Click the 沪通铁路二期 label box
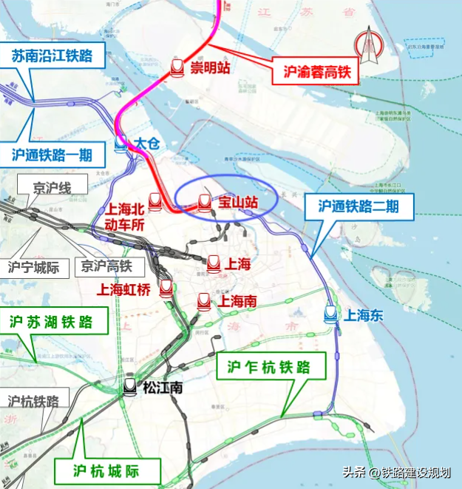pyautogui.click(x=358, y=206)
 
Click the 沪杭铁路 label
pyautogui.click(x=34, y=400)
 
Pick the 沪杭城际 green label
pyautogui.click(x=106, y=470)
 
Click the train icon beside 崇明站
pyautogui.click(x=177, y=67)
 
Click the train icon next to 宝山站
pyautogui.click(x=205, y=202)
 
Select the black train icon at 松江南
pyautogui.click(x=130, y=385)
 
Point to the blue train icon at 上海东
pyautogui.click(x=331, y=314)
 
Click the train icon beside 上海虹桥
pyautogui.click(x=166, y=289)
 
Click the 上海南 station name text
pyautogui.click(x=236, y=301)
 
